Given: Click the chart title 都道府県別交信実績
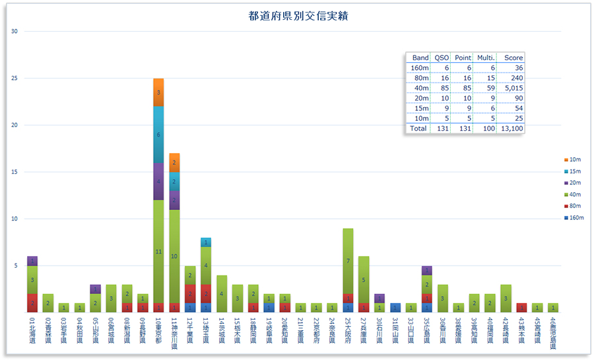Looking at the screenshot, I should pos(298,16).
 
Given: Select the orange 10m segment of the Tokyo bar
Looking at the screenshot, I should pos(158,92).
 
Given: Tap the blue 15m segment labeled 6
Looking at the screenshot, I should pos(158,135).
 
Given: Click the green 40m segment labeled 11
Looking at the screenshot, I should pos(158,252).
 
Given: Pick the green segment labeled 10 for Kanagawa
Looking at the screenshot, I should pos(174,256).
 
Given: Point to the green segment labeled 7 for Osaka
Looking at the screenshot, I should pos(348,261).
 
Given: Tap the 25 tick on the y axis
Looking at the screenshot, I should pos(15,78).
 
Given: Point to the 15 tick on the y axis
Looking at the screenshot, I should pos(15,172).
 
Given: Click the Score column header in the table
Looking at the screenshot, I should pos(513,57).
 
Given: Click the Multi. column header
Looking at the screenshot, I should pos(485,57).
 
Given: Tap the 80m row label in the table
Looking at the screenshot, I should pos(420,77).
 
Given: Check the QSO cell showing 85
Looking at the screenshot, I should pos(442,87).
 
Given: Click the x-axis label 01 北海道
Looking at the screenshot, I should pos(32,334).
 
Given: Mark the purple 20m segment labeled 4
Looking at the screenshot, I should pos(158,181).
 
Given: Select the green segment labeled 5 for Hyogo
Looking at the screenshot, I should pos(364,279).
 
